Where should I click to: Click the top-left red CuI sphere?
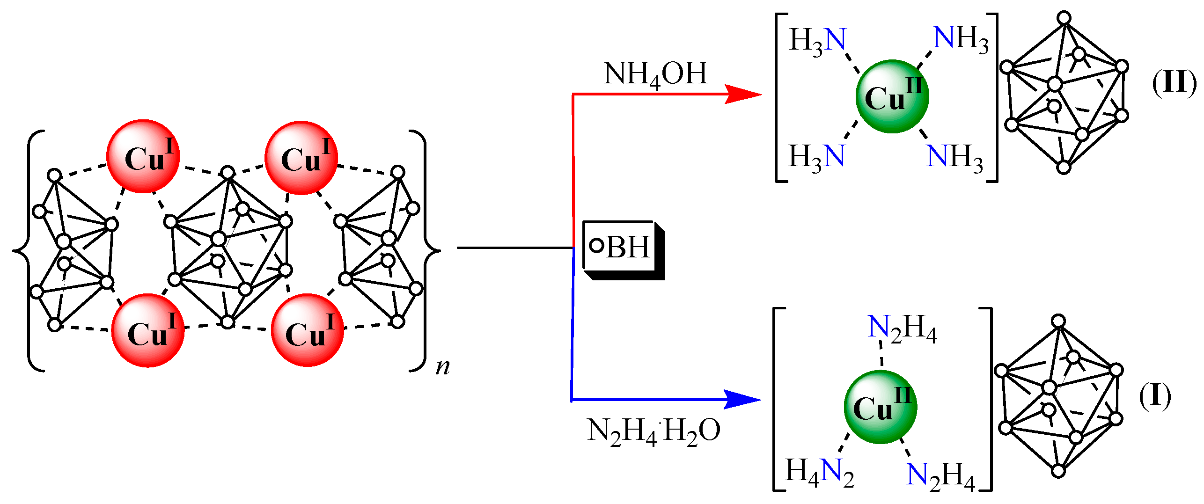tap(143, 156)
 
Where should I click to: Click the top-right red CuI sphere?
tap(301, 158)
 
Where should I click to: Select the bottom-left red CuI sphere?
tap(148, 330)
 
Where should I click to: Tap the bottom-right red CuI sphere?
tap(308, 330)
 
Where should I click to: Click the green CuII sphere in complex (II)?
tap(892, 96)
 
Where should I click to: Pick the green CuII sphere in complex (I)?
tap(881, 407)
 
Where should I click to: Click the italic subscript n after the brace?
tap(442, 366)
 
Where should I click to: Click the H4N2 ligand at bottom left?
tap(819, 472)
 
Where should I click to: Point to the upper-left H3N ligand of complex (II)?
tap(818, 41)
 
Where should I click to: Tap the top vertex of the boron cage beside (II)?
tap(1065, 18)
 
